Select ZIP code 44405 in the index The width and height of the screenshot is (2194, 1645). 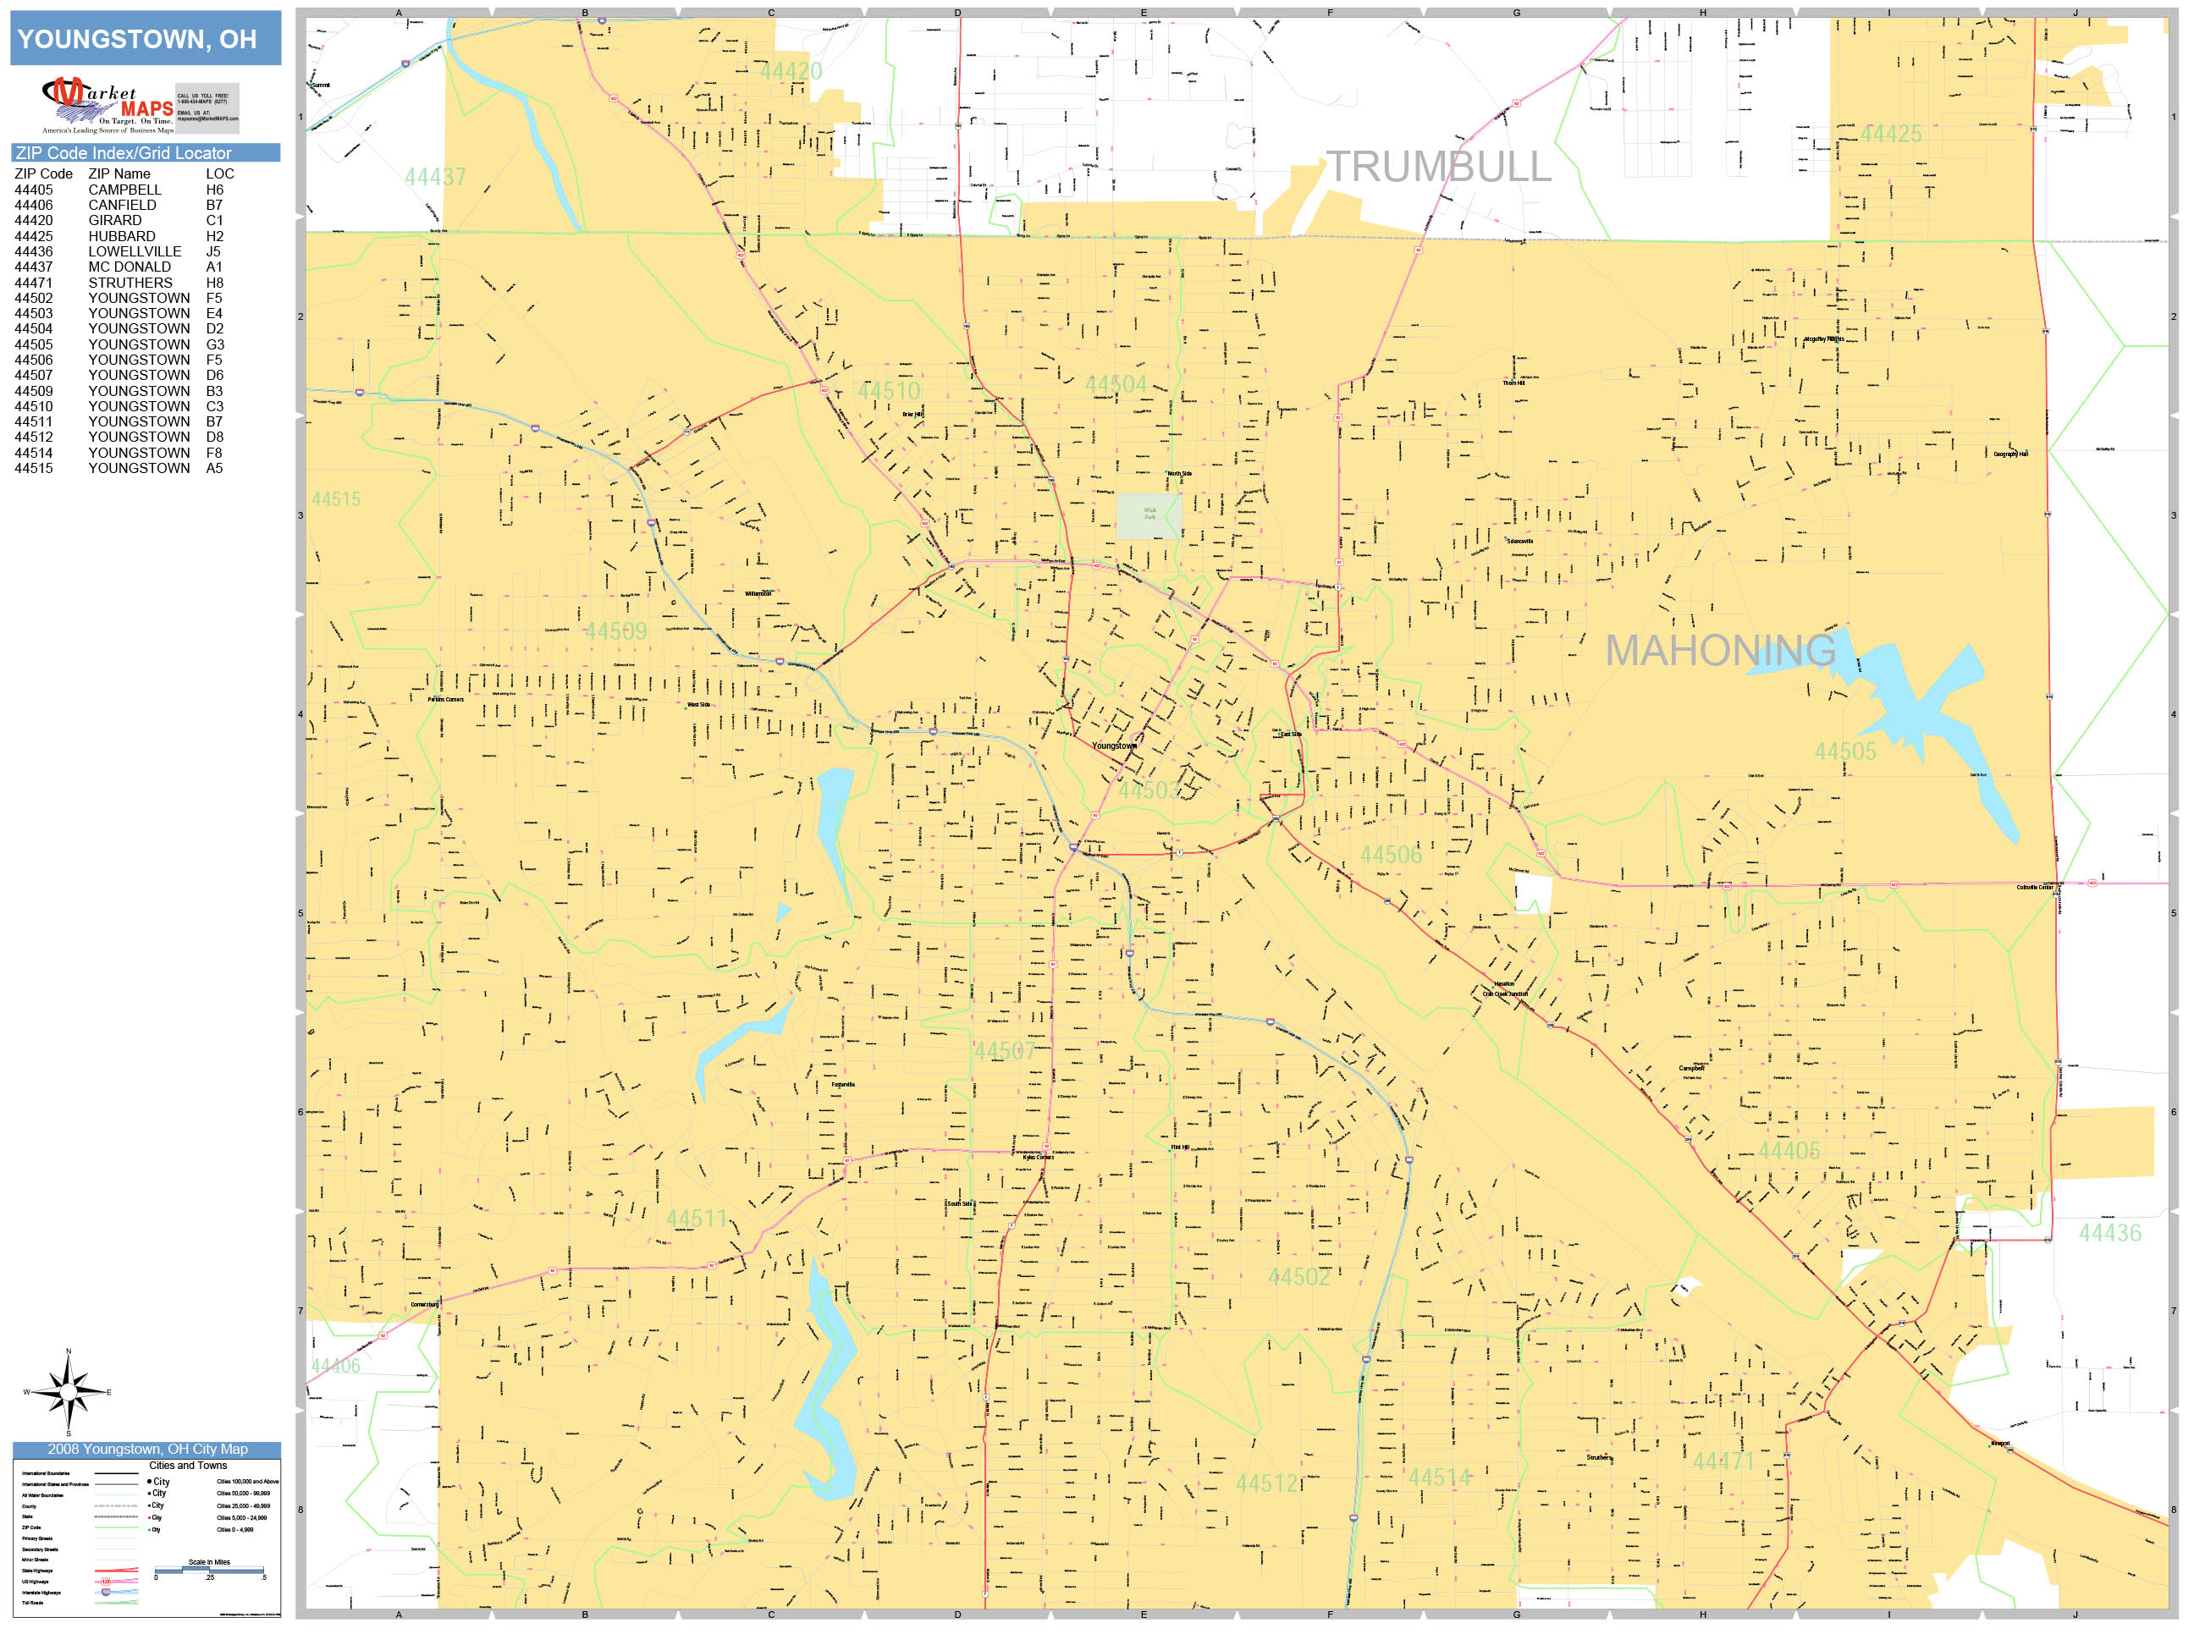[x=34, y=190]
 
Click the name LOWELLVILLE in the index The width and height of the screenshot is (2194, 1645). [x=134, y=252]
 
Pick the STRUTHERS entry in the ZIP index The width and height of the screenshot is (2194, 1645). [x=130, y=283]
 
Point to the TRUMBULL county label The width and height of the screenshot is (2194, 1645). [x=1438, y=167]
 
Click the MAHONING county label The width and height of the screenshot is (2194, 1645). [x=1720, y=651]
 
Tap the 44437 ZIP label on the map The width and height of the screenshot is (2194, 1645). [x=434, y=177]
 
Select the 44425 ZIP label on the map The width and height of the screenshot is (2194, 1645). [x=1890, y=134]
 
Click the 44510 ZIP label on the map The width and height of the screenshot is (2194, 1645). [x=889, y=391]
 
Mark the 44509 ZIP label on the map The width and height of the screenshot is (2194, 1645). [x=615, y=630]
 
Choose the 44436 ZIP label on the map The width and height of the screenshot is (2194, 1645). [x=2109, y=1233]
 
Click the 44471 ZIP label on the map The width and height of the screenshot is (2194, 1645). [x=1723, y=1461]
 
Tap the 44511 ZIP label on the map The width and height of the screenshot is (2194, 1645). [x=697, y=1219]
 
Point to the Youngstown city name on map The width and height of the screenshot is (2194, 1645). [x=1114, y=745]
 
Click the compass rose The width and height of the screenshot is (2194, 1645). [x=68, y=1392]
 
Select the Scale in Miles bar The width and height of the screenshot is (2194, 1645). [x=209, y=1569]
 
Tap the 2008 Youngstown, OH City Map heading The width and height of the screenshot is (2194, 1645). [x=146, y=1449]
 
